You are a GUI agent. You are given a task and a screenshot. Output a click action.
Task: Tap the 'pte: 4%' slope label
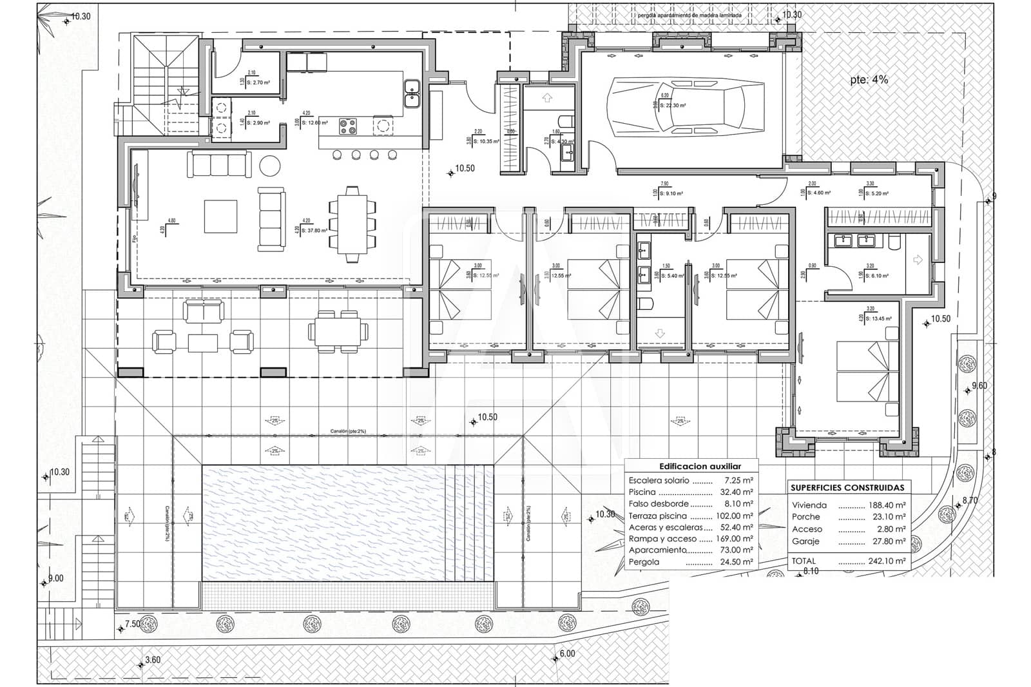click(x=869, y=80)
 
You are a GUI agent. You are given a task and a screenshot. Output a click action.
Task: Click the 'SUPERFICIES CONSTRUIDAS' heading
click(x=847, y=488)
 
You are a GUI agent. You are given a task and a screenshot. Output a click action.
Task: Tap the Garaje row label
click(x=805, y=541)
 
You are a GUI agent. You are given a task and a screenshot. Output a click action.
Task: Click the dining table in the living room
click(x=352, y=224)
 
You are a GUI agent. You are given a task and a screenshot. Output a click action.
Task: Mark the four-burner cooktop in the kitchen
click(x=348, y=126)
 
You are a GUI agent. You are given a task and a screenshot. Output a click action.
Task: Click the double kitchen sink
click(x=412, y=94)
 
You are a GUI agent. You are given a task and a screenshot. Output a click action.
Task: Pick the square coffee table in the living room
click(x=220, y=217)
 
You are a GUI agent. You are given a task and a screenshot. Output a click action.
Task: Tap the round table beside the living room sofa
click(x=270, y=166)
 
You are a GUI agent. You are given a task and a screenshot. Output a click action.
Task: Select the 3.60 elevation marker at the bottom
click(x=152, y=660)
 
